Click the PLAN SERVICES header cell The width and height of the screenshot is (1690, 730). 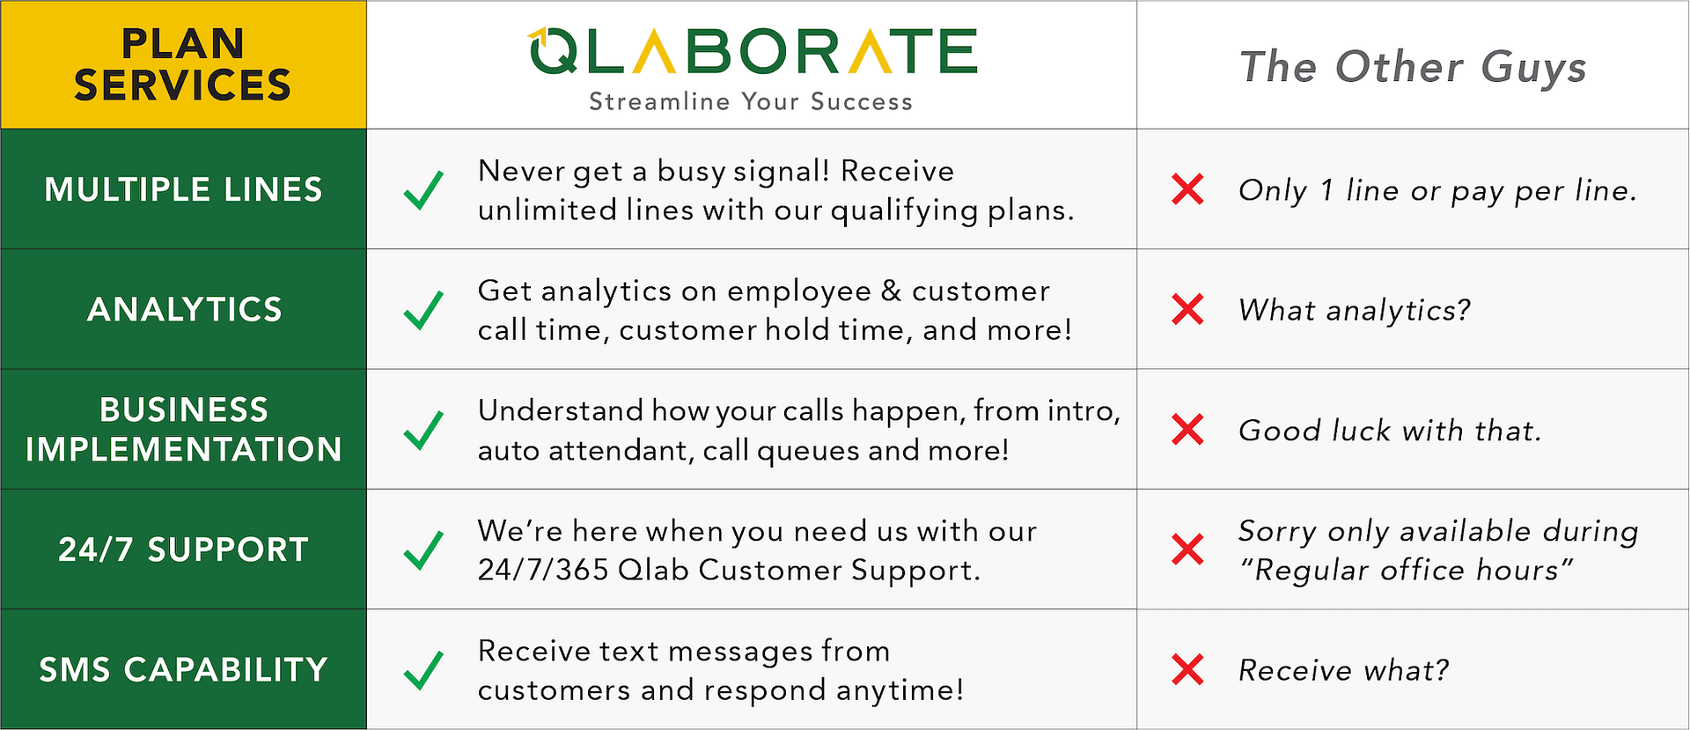coord(183,64)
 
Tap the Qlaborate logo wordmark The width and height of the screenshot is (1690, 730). coord(753,50)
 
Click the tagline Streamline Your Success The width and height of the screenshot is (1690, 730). coord(751,101)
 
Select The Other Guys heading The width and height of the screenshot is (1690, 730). coord(1413,67)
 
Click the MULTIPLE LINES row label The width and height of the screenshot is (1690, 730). coord(183,189)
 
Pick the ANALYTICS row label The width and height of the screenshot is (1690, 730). coord(185,309)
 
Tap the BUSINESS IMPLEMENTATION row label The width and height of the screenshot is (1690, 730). coord(183,430)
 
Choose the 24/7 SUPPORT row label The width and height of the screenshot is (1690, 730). coord(183,549)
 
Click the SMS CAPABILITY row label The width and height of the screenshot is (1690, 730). coord(183,669)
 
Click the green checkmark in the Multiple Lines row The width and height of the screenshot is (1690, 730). coord(423,190)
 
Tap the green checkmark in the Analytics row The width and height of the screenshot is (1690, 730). coord(423,310)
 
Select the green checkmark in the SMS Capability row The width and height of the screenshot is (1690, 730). coord(423,670)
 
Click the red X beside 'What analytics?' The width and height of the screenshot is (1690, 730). coord(1187,309)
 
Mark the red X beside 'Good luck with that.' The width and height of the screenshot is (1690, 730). coord(1187,430)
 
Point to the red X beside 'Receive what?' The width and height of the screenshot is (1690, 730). coord(1187,669)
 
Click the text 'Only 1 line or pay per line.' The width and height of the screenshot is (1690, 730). coord(1437,190)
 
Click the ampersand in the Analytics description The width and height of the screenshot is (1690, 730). coord(892,291)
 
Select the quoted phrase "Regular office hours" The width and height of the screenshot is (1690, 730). coord(1405,570)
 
